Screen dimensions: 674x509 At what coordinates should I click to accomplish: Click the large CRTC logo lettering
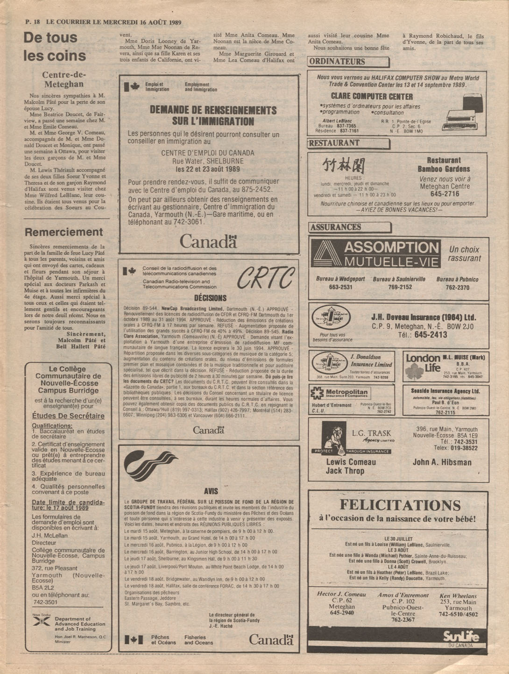(266, 279)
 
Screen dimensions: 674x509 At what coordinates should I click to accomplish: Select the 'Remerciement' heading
(64, 232)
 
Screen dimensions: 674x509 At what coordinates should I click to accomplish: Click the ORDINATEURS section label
(337, 62)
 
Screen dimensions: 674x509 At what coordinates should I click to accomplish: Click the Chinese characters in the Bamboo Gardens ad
(343, 165)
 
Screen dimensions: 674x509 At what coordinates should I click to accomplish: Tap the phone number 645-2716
(445, 194)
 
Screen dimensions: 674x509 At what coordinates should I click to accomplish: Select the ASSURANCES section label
(336, 227)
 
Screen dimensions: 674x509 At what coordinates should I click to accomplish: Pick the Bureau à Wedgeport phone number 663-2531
(340, 287)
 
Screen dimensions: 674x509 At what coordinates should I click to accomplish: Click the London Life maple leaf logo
(414, 371)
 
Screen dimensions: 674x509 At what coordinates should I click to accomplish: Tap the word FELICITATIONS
(400, 505)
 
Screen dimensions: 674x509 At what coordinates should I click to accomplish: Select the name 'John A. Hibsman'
(442, 463)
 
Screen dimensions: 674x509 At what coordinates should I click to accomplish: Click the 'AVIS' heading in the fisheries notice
(211, 491)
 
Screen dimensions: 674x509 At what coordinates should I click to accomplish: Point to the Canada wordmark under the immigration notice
(208, 242)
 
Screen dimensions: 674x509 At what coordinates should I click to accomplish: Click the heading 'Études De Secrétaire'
(68, 416)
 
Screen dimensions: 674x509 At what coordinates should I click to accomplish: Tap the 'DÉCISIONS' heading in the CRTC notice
(210, 298)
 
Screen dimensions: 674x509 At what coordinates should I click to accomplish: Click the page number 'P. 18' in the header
(33, 22)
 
